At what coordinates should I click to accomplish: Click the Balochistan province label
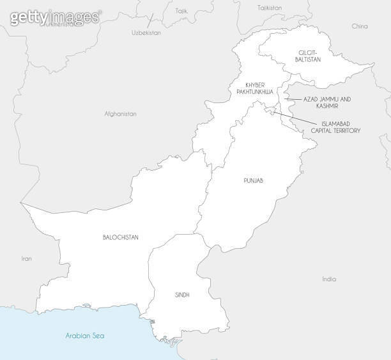[x=120, y=237]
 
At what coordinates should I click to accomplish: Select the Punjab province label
[x=253, y=181]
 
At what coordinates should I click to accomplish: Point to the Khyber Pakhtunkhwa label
[x=254, y=88]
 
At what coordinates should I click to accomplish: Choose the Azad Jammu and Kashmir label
[x=327, y=100]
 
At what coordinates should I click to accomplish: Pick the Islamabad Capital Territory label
[x=335, y=127]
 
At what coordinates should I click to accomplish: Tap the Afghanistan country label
[x=121, y=114]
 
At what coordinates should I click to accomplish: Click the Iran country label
[x=26, y=259]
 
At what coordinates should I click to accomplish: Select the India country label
[x=329, y=279]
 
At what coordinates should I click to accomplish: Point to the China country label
[x=360, y=27]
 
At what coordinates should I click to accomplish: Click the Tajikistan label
[x=270, y=8]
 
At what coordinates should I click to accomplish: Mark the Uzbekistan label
[x=146, y=32]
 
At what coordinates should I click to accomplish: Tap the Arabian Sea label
[x=85, y=336]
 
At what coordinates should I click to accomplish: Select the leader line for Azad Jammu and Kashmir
[x=291, y=100]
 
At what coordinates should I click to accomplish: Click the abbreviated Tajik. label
[x=182, y=11]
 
